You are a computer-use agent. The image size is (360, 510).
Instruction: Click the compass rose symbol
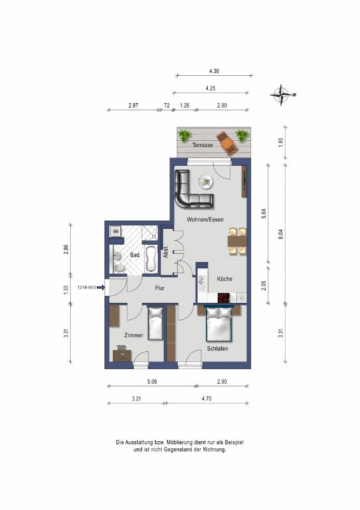click(282, 94)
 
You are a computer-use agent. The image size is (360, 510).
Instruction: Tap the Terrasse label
click(203, 145)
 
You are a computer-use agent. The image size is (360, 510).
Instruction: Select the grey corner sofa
click(191, 192)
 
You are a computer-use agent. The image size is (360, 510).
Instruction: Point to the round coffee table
click(205, 182)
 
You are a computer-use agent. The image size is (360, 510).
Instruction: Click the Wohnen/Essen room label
click(205, 219)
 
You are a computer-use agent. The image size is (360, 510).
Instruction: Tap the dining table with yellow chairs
click(238, 241)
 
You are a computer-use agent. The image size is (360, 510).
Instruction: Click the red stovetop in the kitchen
click(224, 298)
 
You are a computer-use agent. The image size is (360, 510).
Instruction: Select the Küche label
click(225, 279)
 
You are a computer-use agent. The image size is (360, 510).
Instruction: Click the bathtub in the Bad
click(151, 259)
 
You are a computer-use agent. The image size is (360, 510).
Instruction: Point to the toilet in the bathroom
click(119, 268)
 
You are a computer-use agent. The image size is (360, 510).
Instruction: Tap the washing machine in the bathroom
click(115, 231)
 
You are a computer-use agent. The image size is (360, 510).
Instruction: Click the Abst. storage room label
click(166, 251)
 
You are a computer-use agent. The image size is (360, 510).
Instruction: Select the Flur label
click(160, 288)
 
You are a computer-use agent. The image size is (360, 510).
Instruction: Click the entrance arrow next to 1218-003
click(101, 288)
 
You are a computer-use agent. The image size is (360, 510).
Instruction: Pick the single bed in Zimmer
click(155, 323)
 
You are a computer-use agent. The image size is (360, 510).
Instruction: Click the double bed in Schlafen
click(219, 324)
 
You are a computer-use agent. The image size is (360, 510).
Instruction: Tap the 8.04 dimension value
click(281, 235)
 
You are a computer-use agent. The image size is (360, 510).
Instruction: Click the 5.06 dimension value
click(152, 381)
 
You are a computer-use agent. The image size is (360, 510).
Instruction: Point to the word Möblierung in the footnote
click(179, 442)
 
